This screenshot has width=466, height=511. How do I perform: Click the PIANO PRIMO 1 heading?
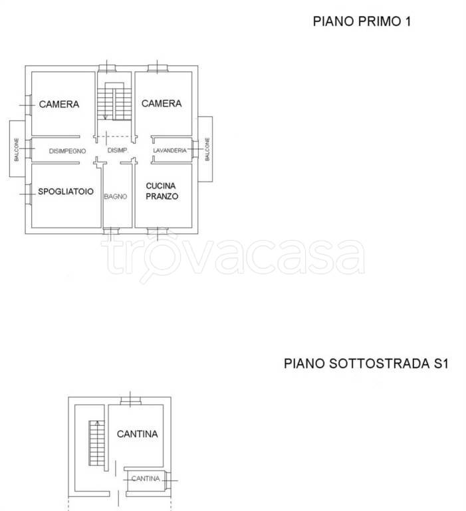point(362,21)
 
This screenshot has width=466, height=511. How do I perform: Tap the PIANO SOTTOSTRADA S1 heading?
point(366,363)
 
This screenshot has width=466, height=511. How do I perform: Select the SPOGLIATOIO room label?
point(66,192)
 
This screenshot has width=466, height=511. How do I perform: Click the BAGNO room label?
point(116,196)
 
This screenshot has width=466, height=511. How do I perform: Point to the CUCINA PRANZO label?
point(162,191)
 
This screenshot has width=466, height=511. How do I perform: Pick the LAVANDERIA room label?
point(170,150)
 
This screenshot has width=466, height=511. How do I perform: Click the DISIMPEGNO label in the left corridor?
point(67,151)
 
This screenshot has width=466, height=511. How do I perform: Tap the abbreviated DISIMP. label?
point(118,150)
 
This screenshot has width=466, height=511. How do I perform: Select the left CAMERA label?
point(59,104)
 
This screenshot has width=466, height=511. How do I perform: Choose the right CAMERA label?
point(162,103)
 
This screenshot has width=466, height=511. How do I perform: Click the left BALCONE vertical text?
point(17,150)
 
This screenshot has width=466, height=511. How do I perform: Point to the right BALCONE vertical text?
point(207,149)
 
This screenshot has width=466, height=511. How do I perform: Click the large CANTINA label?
point(138,434)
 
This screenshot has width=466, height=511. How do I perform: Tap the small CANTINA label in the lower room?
point(146,478)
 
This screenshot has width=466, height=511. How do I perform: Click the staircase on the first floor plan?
point(114,101)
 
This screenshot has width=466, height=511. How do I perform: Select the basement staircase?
point(96,443)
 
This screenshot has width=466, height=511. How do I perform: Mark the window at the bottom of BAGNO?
point(112,231)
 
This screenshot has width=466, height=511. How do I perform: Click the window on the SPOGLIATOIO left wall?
point(28,194)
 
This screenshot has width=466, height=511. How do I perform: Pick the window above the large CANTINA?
point(130,401)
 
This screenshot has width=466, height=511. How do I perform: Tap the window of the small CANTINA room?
point(168,480)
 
